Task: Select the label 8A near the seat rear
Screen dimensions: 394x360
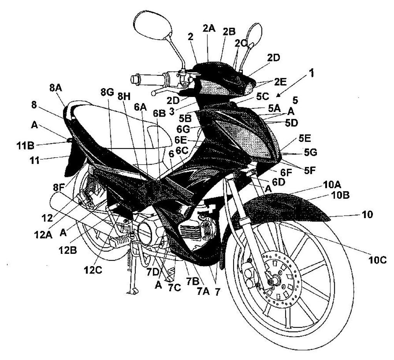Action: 56,88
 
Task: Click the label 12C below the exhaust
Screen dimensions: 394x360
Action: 93,270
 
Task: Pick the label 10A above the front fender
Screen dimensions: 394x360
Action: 332,185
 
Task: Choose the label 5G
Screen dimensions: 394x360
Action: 311,152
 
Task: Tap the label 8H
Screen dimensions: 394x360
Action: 124,97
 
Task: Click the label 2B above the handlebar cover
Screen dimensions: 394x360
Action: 229,32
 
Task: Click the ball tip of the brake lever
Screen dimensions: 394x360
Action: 154,93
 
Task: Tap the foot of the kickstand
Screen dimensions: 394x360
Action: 132,291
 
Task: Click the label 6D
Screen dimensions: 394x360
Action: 278,182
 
